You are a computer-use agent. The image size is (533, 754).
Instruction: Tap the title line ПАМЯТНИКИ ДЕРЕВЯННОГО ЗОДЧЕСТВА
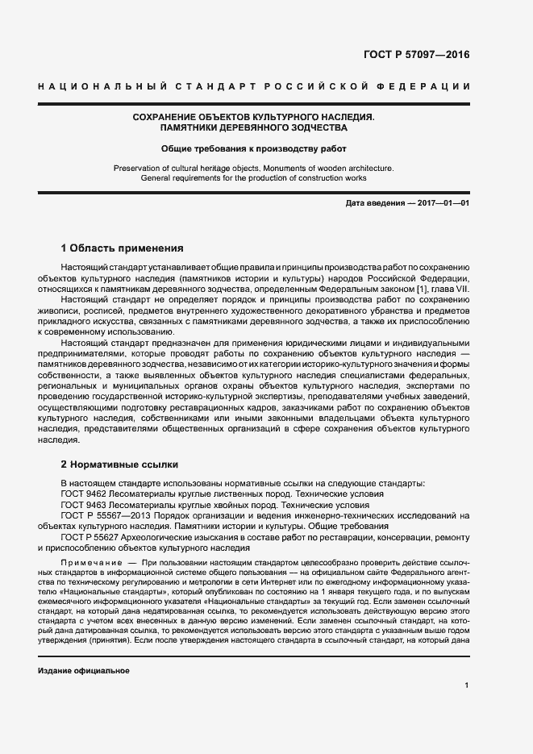(254, 128)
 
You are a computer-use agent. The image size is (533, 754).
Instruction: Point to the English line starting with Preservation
(254, 167)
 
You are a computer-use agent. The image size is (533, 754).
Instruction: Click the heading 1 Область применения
(123, 248)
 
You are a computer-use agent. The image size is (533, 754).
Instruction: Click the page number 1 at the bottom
(467, 685)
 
